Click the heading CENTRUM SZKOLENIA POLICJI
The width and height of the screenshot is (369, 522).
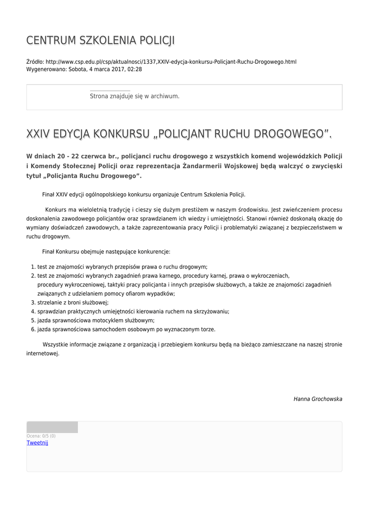(x=100, y=40)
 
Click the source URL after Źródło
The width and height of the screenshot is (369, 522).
(x=171, y=62)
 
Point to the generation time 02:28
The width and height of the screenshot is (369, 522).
(x=135, y=69)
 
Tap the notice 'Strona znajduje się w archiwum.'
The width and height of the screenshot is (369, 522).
(x=134, y=96)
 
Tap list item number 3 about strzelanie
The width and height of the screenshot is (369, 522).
(x=73, y=302)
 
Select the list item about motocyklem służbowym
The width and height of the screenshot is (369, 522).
(x=96, y=321)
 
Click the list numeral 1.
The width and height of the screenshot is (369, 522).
(x=33, y=267)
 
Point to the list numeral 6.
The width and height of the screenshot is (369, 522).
(x=33, y=329)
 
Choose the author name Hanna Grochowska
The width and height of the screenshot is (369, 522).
(x=318, y=399)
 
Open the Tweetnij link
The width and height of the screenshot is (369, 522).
(x=37, y=442)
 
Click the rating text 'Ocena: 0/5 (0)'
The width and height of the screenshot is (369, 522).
(x=41, y=436)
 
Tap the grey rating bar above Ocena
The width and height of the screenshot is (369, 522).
(x=52, y=427)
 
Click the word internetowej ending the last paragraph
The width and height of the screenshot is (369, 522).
(x=43, y=353)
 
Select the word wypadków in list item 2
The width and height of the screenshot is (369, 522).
(x=161, y=293)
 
